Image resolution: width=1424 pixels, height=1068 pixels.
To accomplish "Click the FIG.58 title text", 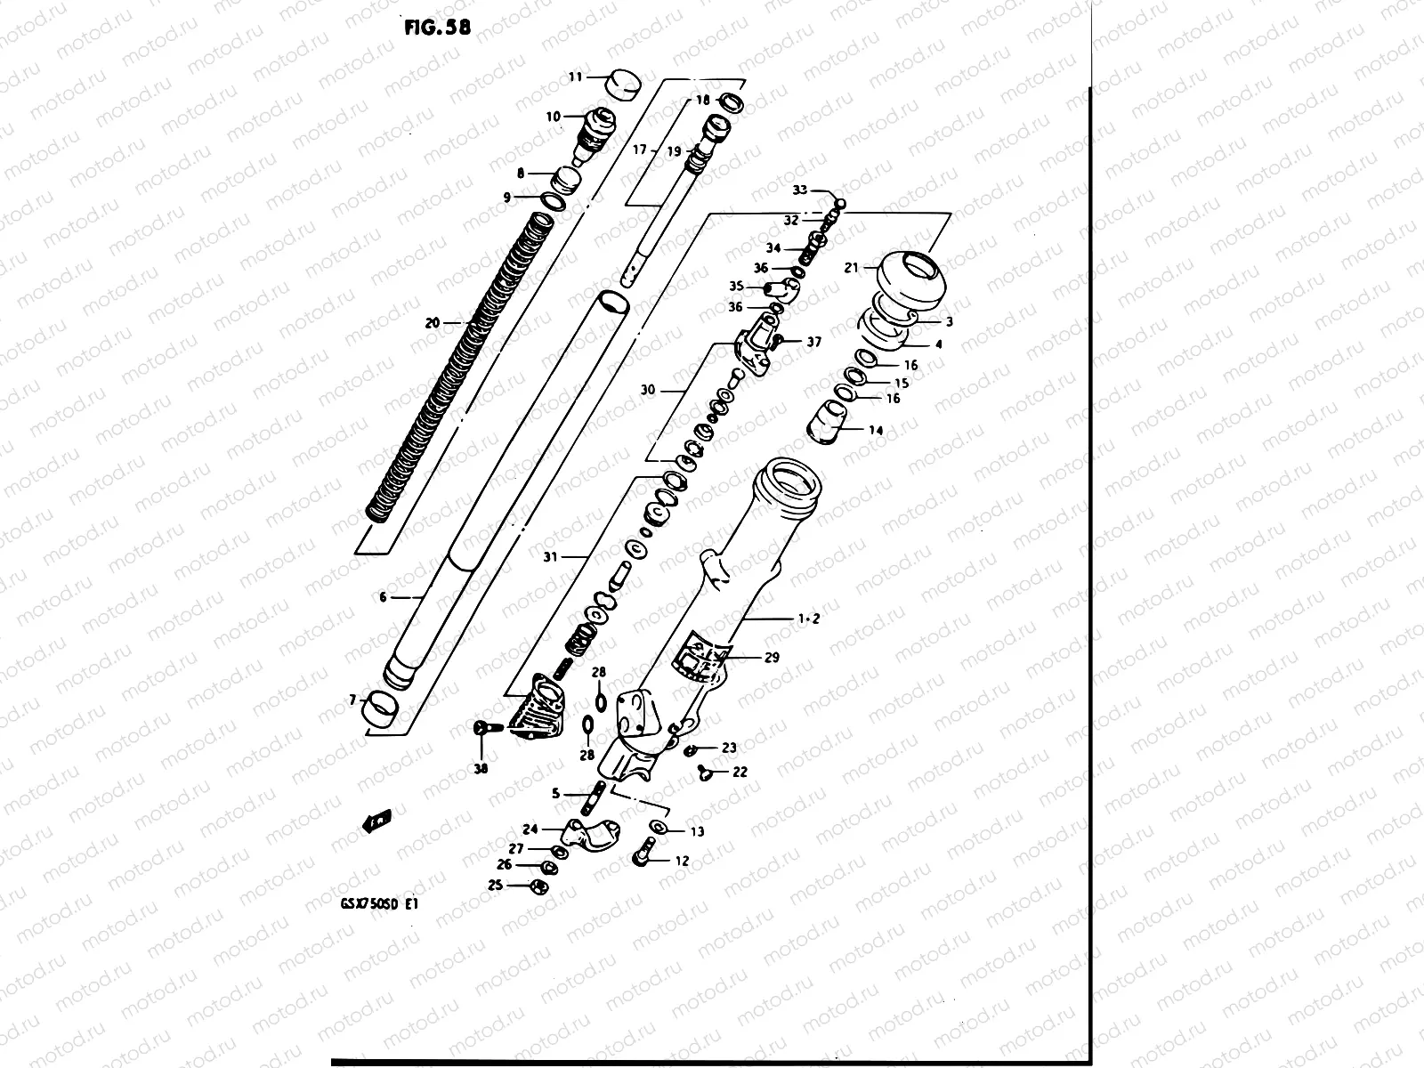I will (x=437, y=27).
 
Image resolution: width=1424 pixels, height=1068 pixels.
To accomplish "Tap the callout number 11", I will (x=576, y=77).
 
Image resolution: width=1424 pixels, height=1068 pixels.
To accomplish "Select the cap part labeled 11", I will (x=623, y=86).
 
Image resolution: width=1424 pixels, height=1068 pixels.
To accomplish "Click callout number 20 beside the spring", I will (x=433, y=323).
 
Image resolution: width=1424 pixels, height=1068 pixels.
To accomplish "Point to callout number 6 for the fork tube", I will (x=384, y=597).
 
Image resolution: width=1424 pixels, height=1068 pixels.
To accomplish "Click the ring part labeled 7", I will (x=381, y=708).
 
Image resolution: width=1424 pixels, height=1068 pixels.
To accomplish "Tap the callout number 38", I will (x=481, y=770).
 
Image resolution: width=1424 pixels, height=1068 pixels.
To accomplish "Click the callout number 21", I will (x=851, y=267).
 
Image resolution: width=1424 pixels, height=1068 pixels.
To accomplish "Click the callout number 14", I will (x=876, y=430).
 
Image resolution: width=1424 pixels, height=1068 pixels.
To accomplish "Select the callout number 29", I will (x=771, y=658).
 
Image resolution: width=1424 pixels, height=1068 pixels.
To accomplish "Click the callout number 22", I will (x=740, y=772).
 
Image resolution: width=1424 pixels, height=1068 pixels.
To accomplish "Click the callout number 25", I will (x=496, y=885).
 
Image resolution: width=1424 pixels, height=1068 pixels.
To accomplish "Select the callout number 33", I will (x=800, y=190).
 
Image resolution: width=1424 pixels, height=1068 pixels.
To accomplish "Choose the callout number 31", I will (x=550, y=557).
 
